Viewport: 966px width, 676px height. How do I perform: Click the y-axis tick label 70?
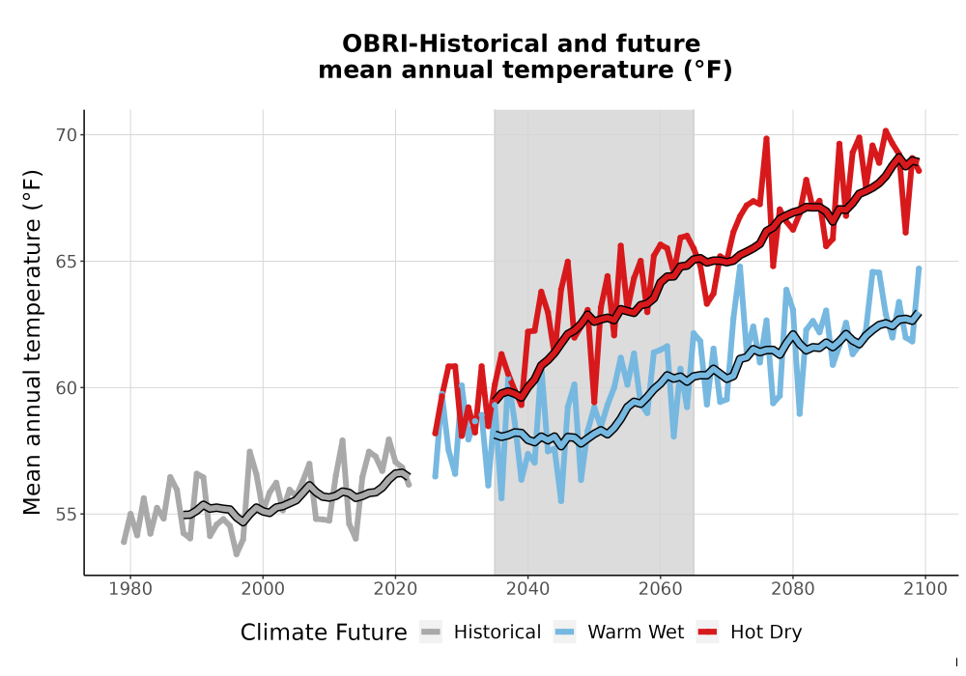click(67, 135)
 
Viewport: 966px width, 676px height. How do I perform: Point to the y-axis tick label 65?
click(67, 261)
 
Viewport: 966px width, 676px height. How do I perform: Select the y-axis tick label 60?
click(67, 388)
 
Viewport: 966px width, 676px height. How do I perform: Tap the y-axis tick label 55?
click(67, 514)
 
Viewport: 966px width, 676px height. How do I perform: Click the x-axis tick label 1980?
click(130, 589)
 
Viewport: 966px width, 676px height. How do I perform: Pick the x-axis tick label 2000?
click(263, 589)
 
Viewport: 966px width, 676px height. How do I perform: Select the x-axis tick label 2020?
click(395, 589)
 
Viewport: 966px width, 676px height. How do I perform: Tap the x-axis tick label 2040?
click(528, 589)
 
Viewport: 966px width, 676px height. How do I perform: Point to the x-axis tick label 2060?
click(661, 589)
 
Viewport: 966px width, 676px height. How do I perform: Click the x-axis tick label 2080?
click(793, 589)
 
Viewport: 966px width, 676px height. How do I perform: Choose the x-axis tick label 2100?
click(925, 589)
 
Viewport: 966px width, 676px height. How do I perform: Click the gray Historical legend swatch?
click(431, 633)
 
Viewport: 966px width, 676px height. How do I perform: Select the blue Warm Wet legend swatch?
click(564, 633)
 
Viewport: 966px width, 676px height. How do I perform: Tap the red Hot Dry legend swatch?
click(707, 633)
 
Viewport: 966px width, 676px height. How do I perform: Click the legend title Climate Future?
click(324, 633)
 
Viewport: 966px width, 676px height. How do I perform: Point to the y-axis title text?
click(32, 342)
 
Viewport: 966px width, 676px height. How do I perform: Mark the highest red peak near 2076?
click(766, 138)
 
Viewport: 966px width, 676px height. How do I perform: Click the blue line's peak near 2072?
click(740, 267)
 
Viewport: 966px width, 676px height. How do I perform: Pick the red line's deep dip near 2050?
click(594, 402)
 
